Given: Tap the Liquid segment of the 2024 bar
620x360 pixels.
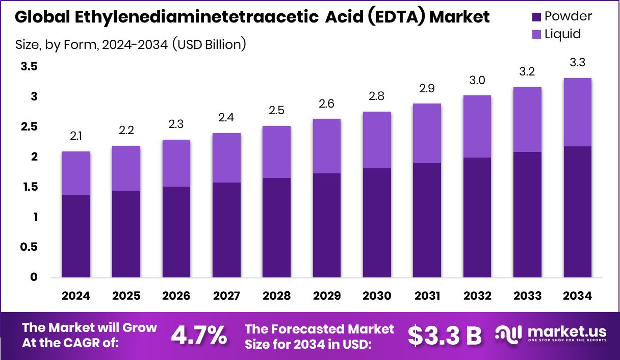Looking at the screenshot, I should click(x=76, y=173).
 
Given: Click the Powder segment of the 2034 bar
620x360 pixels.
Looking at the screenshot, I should click(x=577, y=212).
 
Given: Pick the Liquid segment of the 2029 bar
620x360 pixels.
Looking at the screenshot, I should click(x=326, y=146).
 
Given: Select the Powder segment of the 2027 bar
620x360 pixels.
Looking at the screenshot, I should click(x=226, y=230).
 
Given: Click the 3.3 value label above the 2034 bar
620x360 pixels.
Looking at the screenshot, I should click(x=577, y=63).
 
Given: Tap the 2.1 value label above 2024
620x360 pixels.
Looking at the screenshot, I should click(x=76, y=137).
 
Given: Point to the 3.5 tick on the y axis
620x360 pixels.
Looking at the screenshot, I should click(x=29, y=66).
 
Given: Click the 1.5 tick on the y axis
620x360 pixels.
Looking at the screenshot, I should click(x=29, y=187).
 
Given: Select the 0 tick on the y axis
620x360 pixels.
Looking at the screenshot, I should click(x=34, y=277).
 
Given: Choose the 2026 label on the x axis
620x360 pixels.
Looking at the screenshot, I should click(x=176, y=296).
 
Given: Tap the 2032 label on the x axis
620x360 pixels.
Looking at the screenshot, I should click(x=477, y=296).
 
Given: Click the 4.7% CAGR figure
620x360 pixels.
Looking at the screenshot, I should click(x=199, y=335).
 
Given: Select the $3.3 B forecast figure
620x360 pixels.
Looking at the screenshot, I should click(x=445, y=335).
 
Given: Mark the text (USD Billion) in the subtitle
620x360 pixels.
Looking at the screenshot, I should click(x=209, y=45).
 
